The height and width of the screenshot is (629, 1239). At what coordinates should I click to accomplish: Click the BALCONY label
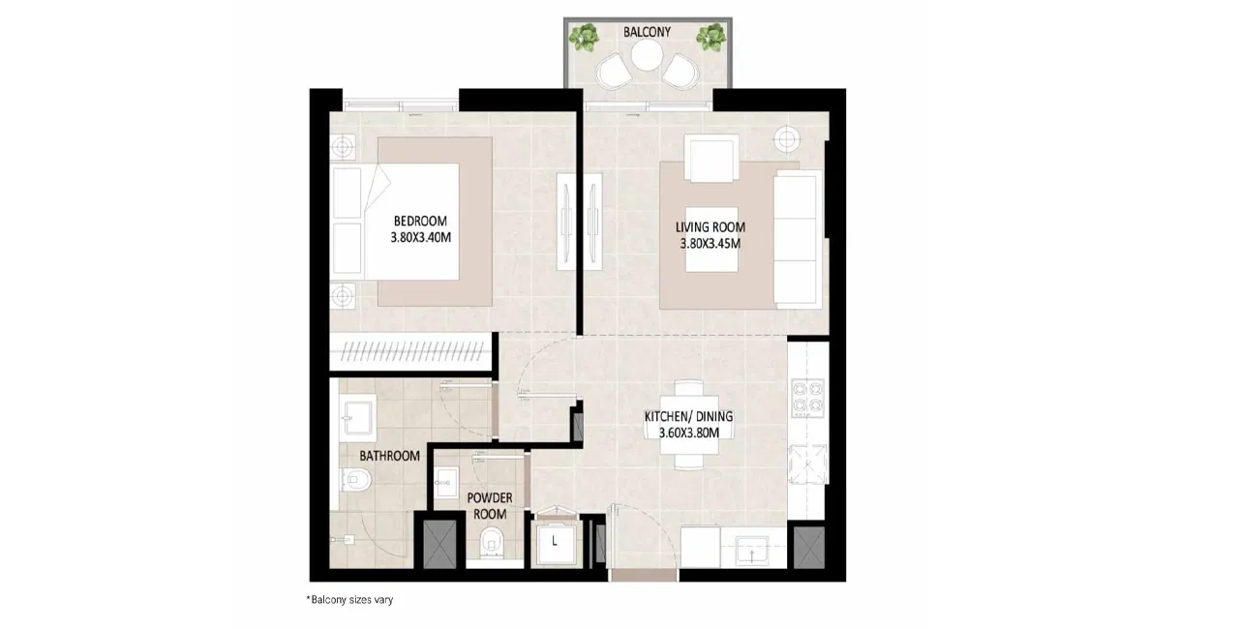(x=647, y=32)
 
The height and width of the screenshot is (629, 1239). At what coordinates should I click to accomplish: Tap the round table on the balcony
(x=648, y=56)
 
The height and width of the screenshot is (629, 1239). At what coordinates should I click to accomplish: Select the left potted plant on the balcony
(x=586, y=37)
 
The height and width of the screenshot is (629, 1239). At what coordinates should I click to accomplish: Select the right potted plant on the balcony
(x=710, y=37)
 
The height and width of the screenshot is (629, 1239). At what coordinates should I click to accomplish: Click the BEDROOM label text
(x=420, y=221)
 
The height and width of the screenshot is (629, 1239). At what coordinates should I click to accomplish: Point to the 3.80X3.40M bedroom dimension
(x=420, y=238)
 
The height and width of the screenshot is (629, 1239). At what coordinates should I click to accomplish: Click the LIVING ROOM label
(x=710, y=227)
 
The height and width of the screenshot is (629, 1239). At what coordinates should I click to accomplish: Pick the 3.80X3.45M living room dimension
(x=710, y=244)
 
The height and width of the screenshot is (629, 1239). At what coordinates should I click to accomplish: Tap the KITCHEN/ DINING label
(x=688, y=416)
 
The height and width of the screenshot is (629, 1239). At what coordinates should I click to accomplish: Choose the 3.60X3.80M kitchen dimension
(x=688, y=433)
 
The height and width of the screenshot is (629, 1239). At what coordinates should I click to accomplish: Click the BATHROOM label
(x=389, y=456)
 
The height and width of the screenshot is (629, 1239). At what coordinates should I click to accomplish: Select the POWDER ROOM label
(x=490, y=506)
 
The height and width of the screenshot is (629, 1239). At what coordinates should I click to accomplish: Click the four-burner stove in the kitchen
(x=807, y=398)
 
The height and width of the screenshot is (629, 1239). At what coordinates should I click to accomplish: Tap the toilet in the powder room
(x=490, y=542)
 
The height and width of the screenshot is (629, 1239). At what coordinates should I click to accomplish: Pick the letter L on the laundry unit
(x=555, y=541)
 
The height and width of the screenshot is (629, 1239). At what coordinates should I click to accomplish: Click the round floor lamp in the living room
(x=787, y=138)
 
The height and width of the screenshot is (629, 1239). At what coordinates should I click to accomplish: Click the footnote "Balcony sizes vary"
(x=349, y=600)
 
